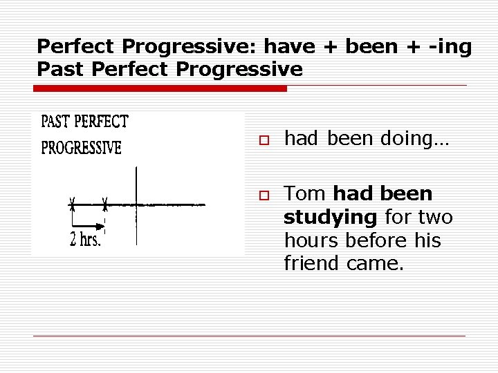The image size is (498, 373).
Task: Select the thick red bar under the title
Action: pyautogui.click(x=160, y=88)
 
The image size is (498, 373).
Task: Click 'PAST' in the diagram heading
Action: pyautogui.click(x=55, y=123)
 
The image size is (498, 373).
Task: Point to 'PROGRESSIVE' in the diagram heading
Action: pyautogui.click(x=82, y=148)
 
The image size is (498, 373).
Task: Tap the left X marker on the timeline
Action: pyautogui.click(x=72, y=204)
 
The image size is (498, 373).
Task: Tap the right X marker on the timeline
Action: pyautogui.click(x=105, y=204)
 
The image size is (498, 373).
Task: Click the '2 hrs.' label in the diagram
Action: pyautogui.click(x=86, y=240)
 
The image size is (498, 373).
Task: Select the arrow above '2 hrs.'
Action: pyautogui.click(x=86, y=224)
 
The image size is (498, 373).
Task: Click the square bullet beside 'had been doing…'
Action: pyautogui.click(x=263, y=140)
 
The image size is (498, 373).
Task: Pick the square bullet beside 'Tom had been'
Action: pyautogui.click(x=263, y=195)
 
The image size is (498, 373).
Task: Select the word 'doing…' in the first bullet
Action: pyautogui.click(x=414, y=139)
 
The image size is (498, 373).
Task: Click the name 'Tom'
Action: pyautogui.click(x=306, y=194)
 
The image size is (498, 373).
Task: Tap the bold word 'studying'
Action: pyautogui.click(x=330, y=218)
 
